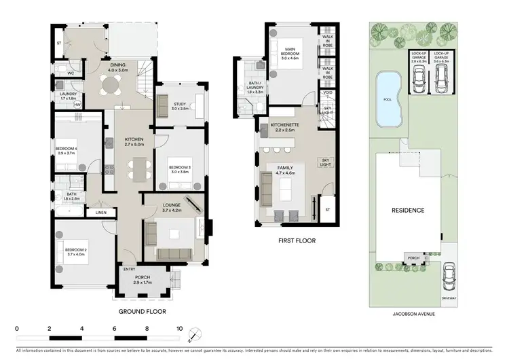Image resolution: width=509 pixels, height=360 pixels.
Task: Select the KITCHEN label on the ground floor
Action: coord(134,139)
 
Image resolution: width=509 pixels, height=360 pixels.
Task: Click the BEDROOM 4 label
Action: coord(67,149)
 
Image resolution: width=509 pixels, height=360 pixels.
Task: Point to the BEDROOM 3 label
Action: coord(179,167)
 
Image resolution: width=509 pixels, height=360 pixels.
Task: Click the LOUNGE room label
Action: coord(170,206)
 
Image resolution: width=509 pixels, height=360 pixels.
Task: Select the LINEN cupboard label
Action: coord(101,213)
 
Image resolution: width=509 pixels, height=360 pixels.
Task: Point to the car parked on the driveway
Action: coord(448,277)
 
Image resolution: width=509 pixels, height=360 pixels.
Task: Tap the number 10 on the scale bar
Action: coord(179,328)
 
